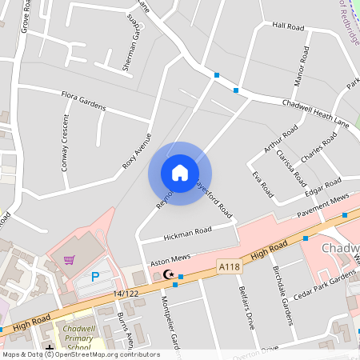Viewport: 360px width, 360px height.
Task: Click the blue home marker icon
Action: (180, 173)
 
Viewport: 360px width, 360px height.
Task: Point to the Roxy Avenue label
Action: (136, 150)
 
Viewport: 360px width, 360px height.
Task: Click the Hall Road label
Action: (288, 26)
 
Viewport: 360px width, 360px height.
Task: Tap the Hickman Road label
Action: (187, 233)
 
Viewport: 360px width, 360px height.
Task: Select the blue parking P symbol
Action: (95, 277)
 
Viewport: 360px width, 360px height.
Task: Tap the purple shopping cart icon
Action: (70, 260)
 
